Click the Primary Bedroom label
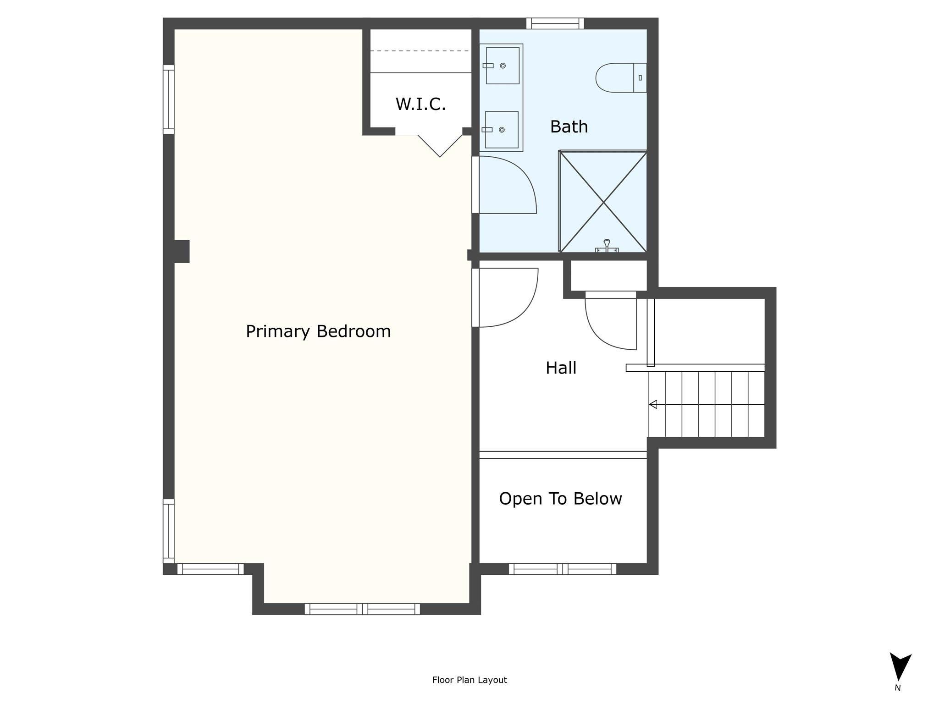click(318, 331)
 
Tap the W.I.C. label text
click(420, 104)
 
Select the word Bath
click(569, 126)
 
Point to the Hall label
click(561, 368)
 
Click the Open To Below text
click(560, 499)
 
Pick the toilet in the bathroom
click(621, 78)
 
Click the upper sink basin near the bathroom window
click(503, 66)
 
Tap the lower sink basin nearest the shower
click(502, 130)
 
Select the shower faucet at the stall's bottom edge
click(607, 246)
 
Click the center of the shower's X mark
click(603, 202)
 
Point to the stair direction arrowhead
click(653, 404)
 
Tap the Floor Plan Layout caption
click(469, 680)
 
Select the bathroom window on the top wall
click(555, 23)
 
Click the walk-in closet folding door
click(440, 146)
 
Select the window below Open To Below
click(563, 569)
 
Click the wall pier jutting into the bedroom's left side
click(182, 252)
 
